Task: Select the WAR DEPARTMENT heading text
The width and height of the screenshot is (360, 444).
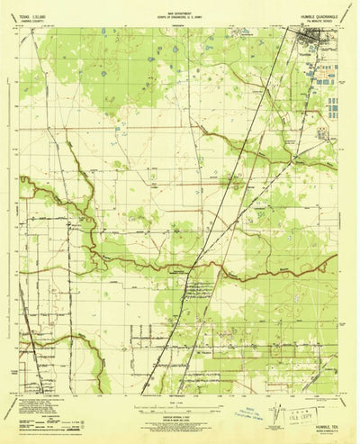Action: [180, 12]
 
